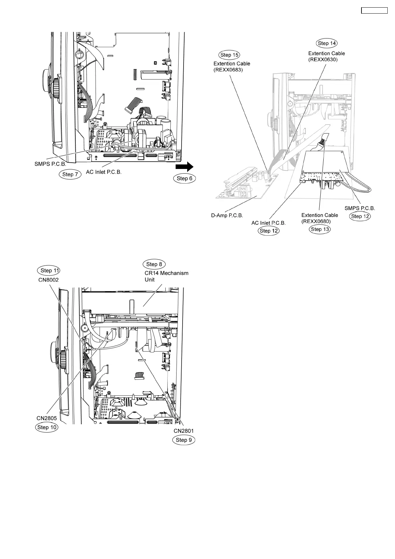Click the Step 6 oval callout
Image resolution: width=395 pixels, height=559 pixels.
(185, 178)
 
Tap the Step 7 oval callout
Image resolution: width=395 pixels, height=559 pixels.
(70, 174)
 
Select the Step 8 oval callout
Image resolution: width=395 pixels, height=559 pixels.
(154, 264)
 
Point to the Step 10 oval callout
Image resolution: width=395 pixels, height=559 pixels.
(47, 427)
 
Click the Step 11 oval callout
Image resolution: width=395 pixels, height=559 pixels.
(48, 271)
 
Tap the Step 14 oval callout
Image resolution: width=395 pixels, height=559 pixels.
(327, 43)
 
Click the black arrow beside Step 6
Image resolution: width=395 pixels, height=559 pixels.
(184, 166)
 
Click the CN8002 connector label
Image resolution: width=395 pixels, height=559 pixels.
(48, 280)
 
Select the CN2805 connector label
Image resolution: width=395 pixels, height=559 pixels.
(47, 418)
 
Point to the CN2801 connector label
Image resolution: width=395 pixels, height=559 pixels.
(184, 431)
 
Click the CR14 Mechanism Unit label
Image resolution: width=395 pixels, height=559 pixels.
(166, 276)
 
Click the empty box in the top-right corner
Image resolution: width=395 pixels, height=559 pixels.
(374, 10)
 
